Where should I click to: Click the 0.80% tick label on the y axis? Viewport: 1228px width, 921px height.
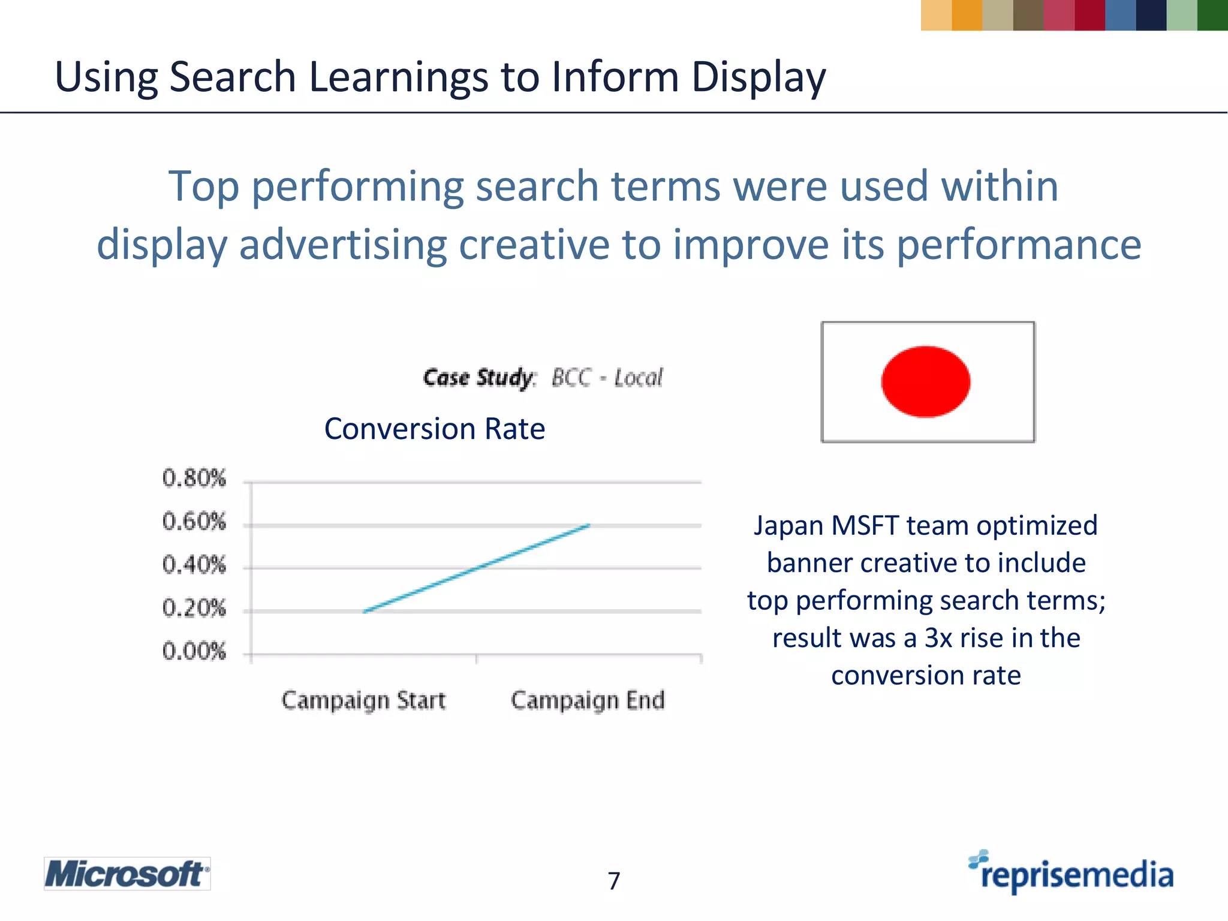coord(194,478)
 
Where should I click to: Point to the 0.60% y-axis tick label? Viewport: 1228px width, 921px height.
coord(194,522)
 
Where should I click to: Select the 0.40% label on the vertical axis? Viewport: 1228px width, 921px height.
coord(194,565)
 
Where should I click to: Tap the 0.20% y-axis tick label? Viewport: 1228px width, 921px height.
coord(194,608)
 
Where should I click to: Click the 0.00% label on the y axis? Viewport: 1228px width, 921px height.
coord(194,651)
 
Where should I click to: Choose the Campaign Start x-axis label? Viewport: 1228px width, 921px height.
coord(363,700)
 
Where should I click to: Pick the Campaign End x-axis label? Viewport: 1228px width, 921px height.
coord(588,700)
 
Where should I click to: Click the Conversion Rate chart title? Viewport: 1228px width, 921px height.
coord(434,429)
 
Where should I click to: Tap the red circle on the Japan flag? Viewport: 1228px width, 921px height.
coord(925,381)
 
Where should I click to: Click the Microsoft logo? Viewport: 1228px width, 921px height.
coord(127,874)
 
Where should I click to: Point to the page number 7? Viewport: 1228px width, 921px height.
coord(613,881)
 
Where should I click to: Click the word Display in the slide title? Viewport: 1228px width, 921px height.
coord(758,77)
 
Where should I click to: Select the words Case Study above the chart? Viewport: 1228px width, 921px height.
coord(478,378)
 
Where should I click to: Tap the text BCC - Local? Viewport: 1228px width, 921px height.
coord(607,378)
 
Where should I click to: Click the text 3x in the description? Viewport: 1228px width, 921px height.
coord(938,638)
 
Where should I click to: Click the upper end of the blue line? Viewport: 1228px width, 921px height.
coord(589,525)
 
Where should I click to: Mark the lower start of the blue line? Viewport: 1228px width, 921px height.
coord(364,612)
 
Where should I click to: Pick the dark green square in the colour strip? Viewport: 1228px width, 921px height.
coord(1212,15)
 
